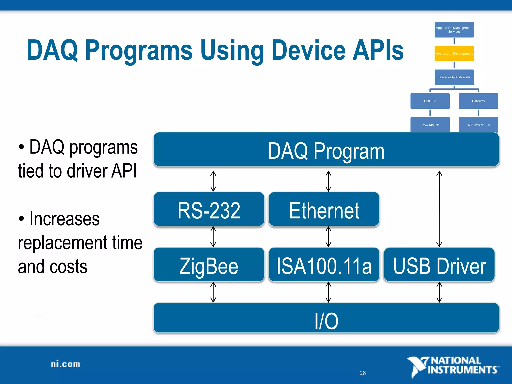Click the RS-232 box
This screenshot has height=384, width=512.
(x=209, y=209)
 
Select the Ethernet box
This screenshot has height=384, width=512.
(x=324, y=209)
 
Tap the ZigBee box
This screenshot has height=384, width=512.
(x=209, y=265)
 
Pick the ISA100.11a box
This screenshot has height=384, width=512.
(x=324, y=265)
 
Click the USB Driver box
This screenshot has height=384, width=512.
(x=439, y=265)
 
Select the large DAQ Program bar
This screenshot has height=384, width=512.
(x=326, y=150)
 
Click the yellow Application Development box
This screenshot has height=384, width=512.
(x=454, y=54)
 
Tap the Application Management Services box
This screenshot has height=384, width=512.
(x=454, y=30)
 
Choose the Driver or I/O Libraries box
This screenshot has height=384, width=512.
(x=454, y=77)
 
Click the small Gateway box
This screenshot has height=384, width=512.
(x=478, y=101)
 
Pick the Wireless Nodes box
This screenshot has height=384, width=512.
(x=478, y=125)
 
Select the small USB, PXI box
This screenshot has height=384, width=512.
(x=430, y=101)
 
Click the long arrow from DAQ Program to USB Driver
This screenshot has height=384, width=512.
(x=439, y=209)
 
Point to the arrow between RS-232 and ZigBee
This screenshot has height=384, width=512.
(x=213, y=237)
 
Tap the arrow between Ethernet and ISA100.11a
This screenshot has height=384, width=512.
(x=328, y=237)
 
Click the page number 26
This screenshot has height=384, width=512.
(x=362, y=373)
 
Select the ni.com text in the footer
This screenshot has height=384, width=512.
(x=65, y=364)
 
